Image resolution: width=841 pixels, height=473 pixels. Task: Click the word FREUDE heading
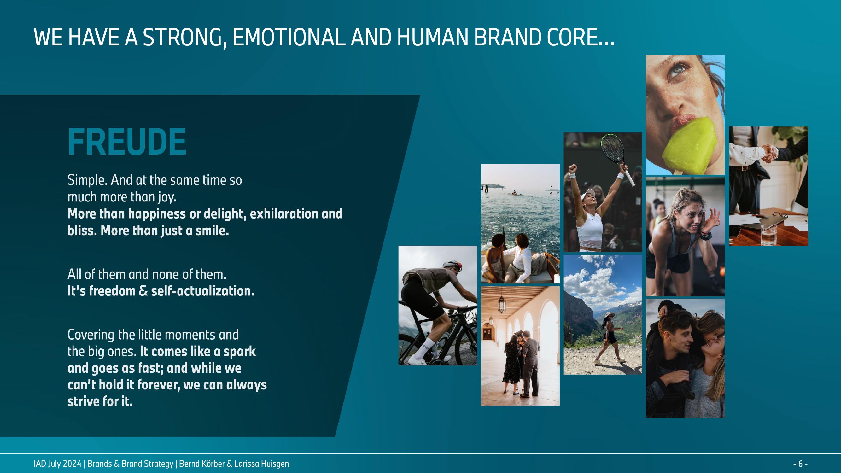tap(127, 142)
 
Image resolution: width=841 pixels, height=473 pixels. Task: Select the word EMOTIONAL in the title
tap(288, 37)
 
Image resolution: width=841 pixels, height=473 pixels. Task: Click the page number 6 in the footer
tap(801, 464)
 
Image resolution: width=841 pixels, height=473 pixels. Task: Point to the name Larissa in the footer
tap(247, 464)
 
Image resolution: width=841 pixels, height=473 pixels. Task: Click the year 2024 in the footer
tap(72, 464)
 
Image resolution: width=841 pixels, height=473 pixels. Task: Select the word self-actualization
tap(202, 291)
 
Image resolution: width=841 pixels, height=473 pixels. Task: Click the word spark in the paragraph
tap(239, 352)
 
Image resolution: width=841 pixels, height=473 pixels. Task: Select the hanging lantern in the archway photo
tap(501, 303)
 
